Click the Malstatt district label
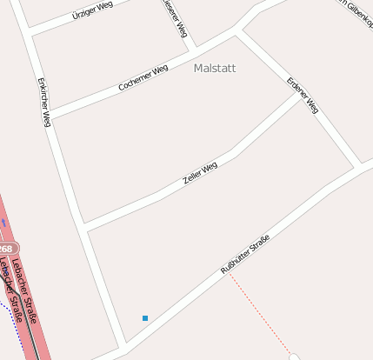(215, 67)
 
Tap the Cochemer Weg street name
(143, 79)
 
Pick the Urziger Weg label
(93, 10)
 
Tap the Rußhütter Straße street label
(245, 255)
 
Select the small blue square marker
(145, 318)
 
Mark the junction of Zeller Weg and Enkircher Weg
(84, 227)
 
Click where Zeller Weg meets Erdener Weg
(298, 95)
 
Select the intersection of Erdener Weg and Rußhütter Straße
(360, 163)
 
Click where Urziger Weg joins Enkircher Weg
(30, 33)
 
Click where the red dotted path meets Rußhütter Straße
(229, 272)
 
